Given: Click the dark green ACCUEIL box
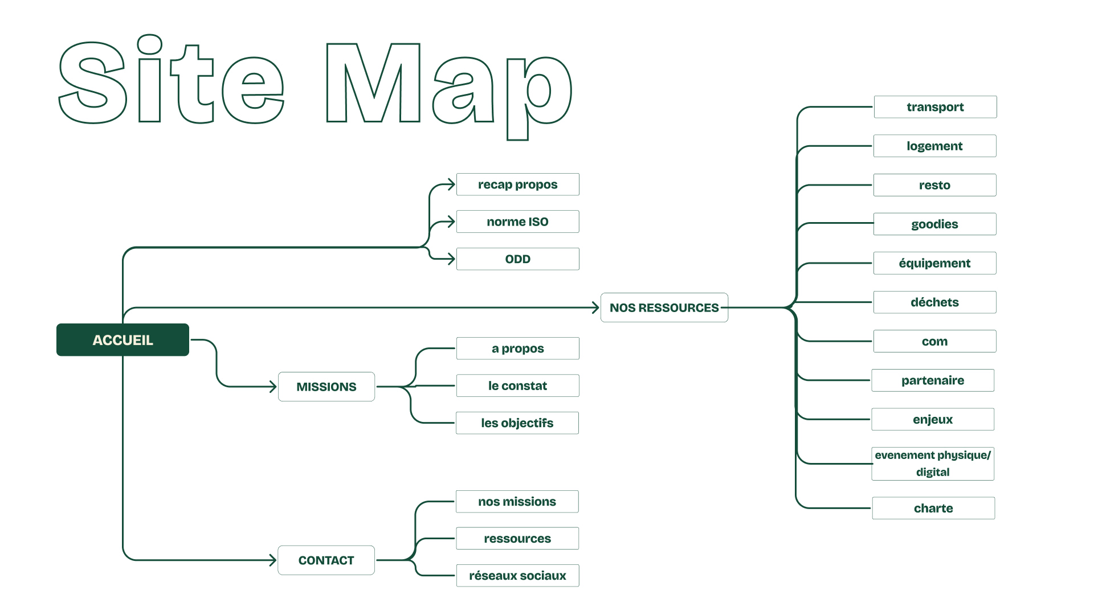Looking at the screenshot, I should click(123, 340).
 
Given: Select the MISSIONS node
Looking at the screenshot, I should click(326, 387).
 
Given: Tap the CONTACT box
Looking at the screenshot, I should click(326, 560).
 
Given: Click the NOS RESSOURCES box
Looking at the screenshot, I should click(664, 307).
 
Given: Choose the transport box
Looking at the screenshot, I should click(935, 107).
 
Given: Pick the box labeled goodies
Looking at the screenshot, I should click(934, 224).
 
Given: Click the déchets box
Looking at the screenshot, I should click(934, 302).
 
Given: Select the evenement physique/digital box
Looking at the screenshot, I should click(933, 464).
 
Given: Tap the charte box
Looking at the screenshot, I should click(933, 508).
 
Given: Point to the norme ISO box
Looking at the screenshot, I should click(517, 222).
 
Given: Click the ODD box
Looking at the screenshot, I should click(517, 259).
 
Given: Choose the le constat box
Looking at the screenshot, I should click(517, 386).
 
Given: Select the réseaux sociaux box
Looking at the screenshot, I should click(517, 576).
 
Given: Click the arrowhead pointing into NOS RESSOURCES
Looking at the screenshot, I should click(595, 307).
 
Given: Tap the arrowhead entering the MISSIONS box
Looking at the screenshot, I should click(273, 387).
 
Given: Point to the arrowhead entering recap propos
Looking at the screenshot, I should click(451, 184).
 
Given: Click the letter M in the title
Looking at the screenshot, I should click(373, 83).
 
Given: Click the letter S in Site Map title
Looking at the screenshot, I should click(93, 83).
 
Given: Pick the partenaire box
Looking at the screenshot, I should click(933, 380).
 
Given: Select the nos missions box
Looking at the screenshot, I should click(517, 502).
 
